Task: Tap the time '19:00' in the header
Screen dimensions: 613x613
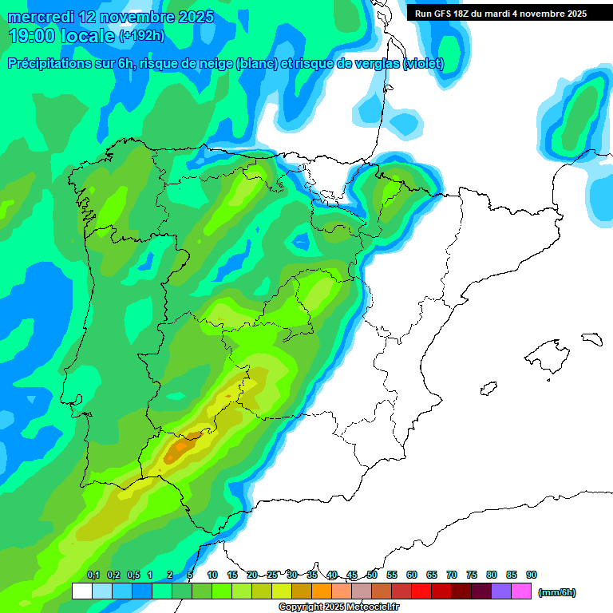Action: [x=31, y=36]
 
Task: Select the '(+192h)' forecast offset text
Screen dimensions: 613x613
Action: [x=141, y=36]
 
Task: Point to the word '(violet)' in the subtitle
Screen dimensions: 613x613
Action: [x=423, y=64]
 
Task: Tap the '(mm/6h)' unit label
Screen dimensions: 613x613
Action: [x=556, y=592]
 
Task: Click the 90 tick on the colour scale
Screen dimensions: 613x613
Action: [x=532, y=575]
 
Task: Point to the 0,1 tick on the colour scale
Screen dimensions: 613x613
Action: [x=93, y=575]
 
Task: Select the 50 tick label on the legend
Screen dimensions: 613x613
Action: [x=372, y=575]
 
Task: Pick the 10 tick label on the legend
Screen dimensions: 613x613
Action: [x=212, y=575]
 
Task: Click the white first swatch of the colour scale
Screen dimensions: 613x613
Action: [x=82, y=591]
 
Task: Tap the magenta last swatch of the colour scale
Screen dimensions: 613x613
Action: [x=521, y=591]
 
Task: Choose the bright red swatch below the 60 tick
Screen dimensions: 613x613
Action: [x=421, y=591]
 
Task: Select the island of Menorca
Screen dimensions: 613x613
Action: [x=591, y=338]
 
